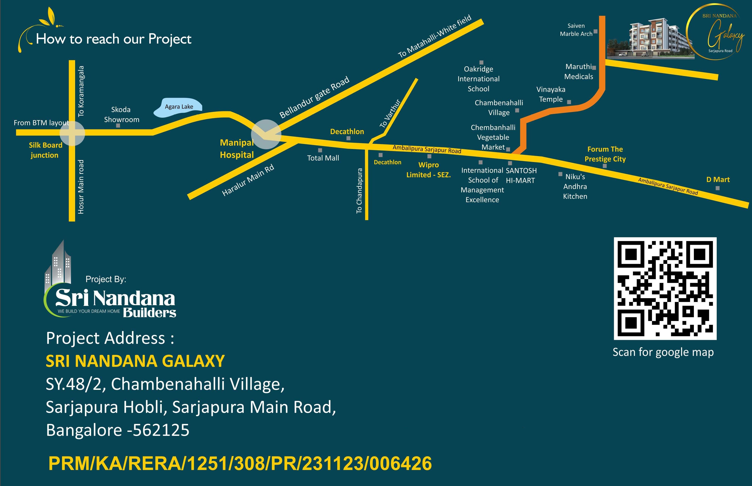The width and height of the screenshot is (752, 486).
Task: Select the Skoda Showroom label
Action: [121, 114]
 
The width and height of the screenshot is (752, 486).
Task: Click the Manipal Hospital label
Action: [237, 149]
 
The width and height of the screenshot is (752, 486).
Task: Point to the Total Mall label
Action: [323, 158]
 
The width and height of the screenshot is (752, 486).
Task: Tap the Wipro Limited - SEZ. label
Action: [428, 170]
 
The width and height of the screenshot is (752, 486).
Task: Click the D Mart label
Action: [718, 180]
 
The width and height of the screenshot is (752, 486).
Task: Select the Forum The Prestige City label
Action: [605, 154]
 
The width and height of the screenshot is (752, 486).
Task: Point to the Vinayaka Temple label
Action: [551, 94]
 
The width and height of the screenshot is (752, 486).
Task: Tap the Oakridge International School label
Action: [478, 79]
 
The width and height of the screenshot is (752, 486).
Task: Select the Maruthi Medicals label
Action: [579, 72]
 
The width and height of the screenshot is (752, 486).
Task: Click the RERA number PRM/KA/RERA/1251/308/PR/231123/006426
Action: [240, 463]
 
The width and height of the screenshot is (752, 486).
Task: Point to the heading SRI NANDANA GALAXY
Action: [135, 361]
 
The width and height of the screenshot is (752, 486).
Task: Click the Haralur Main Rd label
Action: [248, 180]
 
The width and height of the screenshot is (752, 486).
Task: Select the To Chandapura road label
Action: [359, 191]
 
